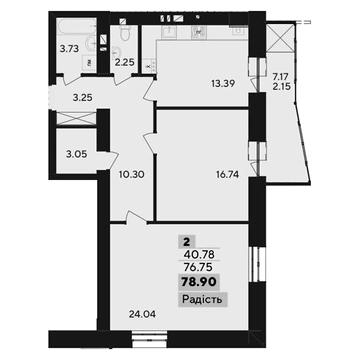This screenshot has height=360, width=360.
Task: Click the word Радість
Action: [202, 300]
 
